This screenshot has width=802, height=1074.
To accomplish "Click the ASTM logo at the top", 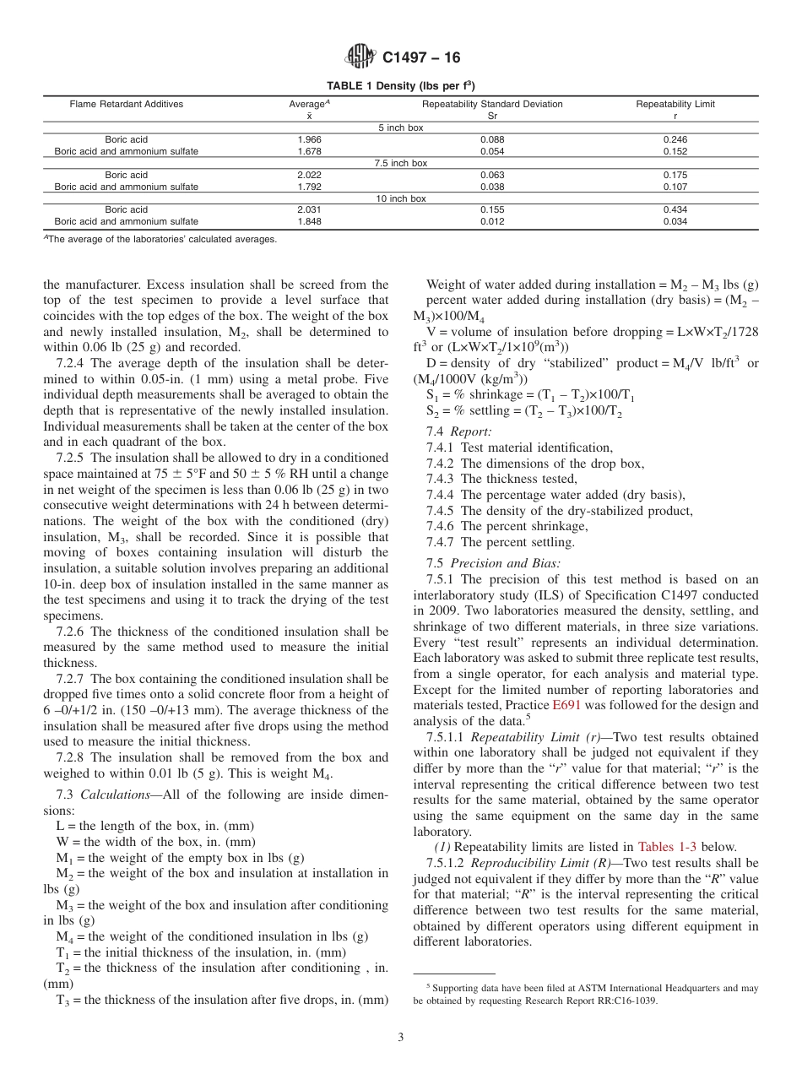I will (361, 57).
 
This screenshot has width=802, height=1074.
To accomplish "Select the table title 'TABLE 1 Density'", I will (400, 85).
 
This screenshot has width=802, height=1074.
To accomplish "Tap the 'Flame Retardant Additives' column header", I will (126, 105).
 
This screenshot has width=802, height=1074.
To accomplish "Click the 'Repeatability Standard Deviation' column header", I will (492, 105).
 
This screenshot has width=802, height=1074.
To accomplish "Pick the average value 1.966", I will (309, 139).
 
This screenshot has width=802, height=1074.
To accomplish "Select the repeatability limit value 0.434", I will (675, 209).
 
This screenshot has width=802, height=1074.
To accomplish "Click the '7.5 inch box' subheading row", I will (401, 163).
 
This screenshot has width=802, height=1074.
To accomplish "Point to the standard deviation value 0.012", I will (492, 222).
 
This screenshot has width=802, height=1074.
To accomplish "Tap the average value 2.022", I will (309, 175).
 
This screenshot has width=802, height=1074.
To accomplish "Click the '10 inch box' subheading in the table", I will (401, 198).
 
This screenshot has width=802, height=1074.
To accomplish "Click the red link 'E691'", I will (566, 705).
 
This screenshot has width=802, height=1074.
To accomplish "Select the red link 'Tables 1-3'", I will (667, 847).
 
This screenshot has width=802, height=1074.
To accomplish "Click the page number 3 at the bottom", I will (401, 1038).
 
